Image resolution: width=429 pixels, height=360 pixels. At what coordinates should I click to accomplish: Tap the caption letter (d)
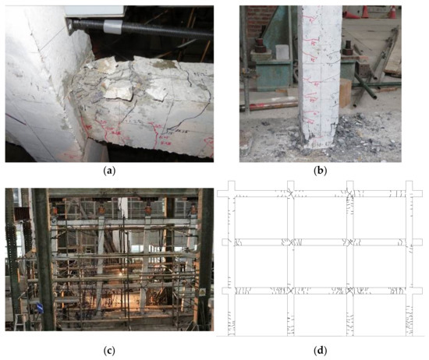click(x=321, y=350)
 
